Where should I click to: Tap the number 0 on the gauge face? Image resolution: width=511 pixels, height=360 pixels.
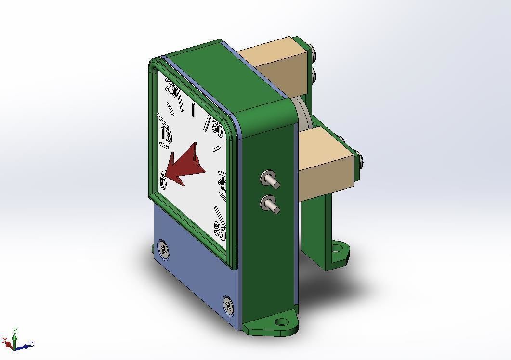[x=163, y=182]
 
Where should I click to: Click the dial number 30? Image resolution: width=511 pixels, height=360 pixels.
[x=218, y=129]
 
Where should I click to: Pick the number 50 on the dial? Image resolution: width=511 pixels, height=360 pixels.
[x=220, y=231]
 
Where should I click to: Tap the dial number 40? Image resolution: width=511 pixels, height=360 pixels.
[x=223, y=183]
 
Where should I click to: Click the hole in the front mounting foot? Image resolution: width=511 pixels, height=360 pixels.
[x=281, y=321]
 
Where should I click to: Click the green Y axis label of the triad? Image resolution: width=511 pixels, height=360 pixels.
[x=15, y=331]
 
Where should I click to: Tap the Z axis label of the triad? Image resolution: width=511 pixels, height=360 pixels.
[x=31, y=344]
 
